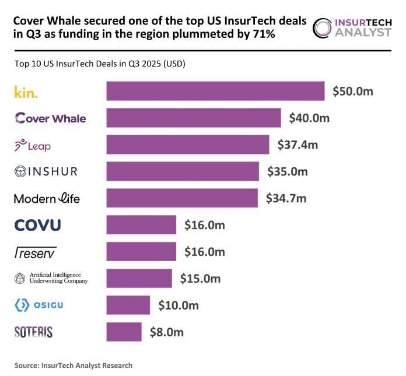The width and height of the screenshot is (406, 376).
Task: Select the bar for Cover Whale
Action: tap(193, 118)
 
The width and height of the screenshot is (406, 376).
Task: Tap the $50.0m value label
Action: tap(352, 92)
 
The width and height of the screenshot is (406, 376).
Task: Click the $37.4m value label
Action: tap(297, 145)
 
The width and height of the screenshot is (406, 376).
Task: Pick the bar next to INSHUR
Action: tap(183, 171)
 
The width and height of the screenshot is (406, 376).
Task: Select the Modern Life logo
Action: tap(47, 199)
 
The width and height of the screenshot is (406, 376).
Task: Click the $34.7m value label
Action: tap(285, 199)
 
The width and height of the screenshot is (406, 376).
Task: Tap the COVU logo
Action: tap(37, 225)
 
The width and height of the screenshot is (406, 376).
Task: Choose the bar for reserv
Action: tap(141, 252)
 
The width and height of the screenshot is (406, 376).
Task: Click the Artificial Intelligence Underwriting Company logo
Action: tap(51, 278)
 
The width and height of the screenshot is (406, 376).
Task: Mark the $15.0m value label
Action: tap(200, 279)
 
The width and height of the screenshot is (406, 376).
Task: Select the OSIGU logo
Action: tap(38, 305)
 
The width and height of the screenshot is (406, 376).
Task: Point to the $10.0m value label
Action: tap(178, 305)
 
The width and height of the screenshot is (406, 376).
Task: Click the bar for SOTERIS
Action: tap(124, 332)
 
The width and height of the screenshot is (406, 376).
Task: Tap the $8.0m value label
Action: tap(166, 332)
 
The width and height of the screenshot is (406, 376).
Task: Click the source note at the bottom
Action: tap(73, 366)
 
